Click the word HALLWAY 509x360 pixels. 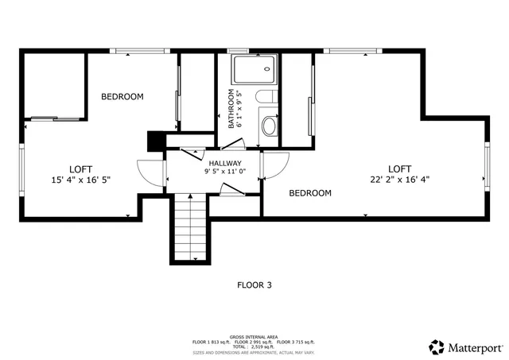click(225, 163)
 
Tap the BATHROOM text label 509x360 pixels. click(233, 110)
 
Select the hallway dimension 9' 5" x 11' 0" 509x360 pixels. click(225, 172)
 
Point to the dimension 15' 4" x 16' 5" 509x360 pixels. click(80, 180)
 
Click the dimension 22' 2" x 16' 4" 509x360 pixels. click(399, 179)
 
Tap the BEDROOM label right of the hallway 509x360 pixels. click(309, 193)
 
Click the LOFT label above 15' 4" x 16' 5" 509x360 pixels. click(80, 168)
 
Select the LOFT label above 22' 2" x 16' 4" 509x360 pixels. click(399, 168)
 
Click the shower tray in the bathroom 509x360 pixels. click(254, 71)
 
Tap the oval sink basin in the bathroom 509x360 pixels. click(270, 126)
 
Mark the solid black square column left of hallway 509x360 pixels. click(155, 140)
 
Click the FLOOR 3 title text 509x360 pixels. click(254, 284)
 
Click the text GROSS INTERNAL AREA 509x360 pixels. click(254, 337)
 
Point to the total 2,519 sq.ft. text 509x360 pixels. click(254, 347)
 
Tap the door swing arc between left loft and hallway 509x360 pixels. click(149, 173)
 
